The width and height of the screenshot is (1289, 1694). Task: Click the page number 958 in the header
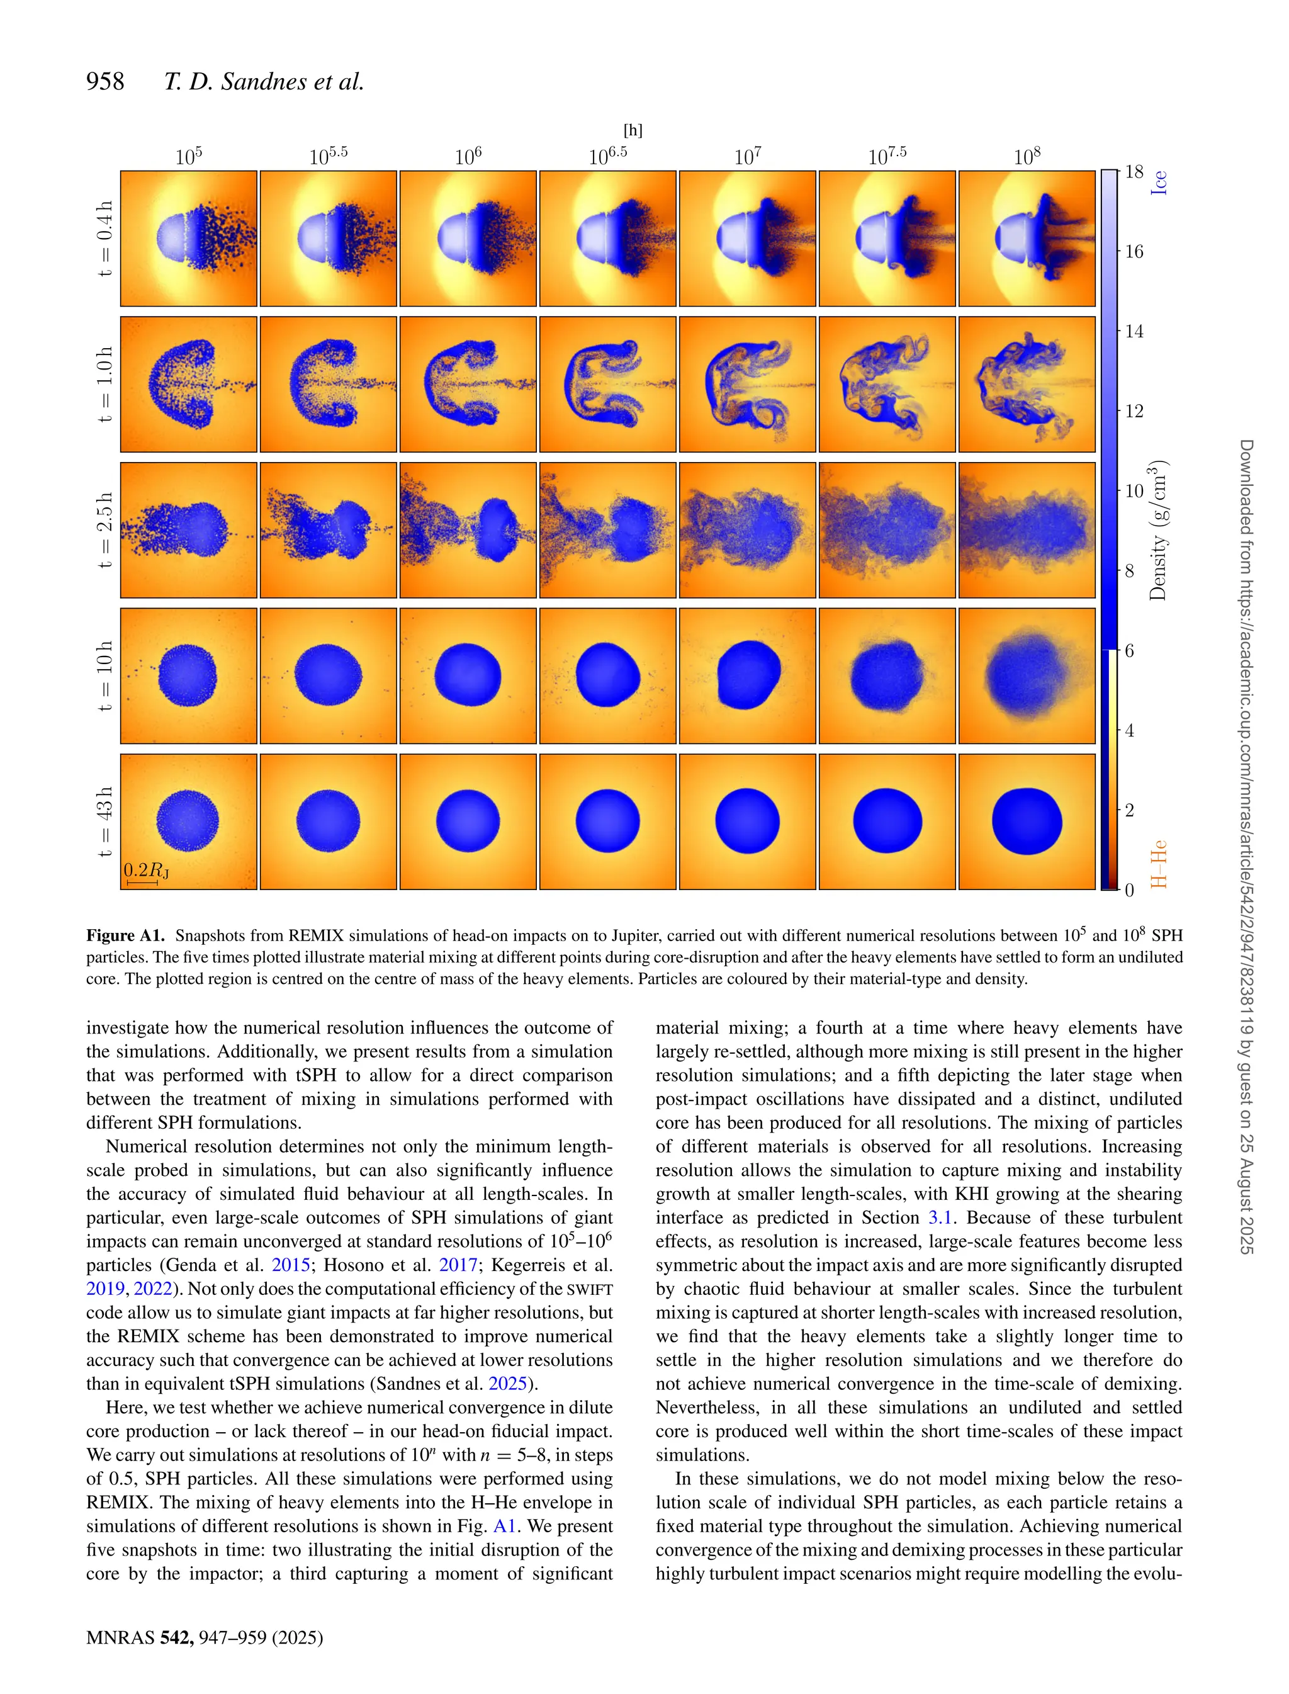pyautogui.click(x=105, y=81)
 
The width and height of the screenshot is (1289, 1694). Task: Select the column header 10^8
pyautogui.click(x=1027, y=157)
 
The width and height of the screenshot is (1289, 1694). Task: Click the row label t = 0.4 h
pyautogui.click(x=105, y=239)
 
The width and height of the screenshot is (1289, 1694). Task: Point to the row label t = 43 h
pyautogui.click(x=105, y=822)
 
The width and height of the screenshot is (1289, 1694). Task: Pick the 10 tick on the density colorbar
pyautogui.click(x=1134, y=491)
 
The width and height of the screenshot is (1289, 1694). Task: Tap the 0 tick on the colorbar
pyautogui.click(x=1129, y=890)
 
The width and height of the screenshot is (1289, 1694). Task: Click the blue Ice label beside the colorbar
pyautogui.click(x=1159, y=183)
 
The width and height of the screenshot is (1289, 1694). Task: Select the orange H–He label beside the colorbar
pyautogui.click(x=1159, y=864)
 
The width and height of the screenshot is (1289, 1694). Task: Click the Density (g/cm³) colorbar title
pyautogui.click(x=1159, y=529)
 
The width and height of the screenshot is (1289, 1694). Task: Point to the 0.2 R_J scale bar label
pyautogui.click(x=146, y=870)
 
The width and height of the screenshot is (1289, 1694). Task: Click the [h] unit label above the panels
pyautogui.click(x=633, y=130)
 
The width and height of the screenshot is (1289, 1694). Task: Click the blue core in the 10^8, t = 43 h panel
pyautogui.click(x=1027, y=821)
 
